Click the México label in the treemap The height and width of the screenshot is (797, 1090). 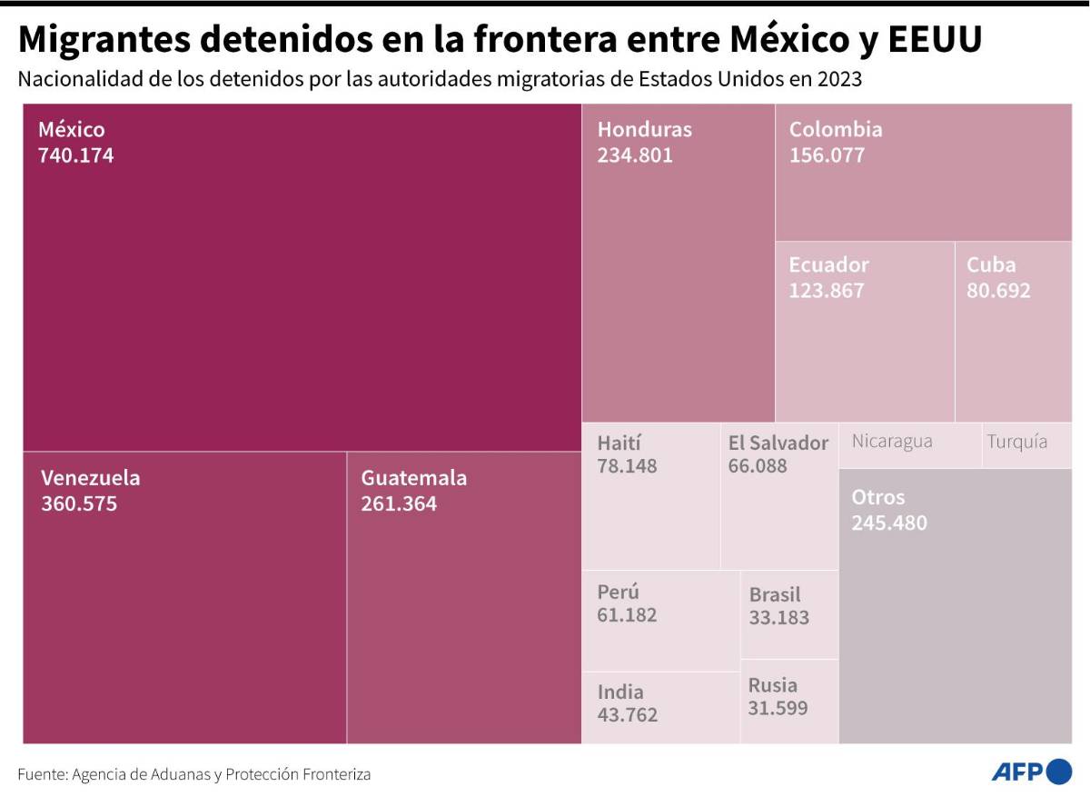pos(71,130)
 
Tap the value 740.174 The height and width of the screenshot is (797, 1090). pos(75,155)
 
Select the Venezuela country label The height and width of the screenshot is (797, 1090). pos(90,478)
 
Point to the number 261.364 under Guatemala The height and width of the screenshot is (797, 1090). pos(399,503)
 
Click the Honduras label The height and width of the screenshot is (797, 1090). pos(644,130)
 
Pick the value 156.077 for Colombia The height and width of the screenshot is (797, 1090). pos(827,155)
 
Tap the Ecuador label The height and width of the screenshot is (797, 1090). pos(828,265)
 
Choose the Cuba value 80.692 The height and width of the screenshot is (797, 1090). pos(998,292)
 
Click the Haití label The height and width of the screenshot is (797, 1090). pos(619,443)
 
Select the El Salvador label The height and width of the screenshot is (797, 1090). pos(778,443)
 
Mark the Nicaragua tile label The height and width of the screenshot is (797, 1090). pos(892,443)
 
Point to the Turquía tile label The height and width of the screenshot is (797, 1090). pos(1017,443)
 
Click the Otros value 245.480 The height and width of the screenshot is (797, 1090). pos(889,523)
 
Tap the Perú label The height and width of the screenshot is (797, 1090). pos(618,593)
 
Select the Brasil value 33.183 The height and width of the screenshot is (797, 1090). pos(778,618)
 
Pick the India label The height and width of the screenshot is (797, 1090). pos(620,692)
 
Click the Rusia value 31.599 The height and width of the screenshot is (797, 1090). pos(778,709)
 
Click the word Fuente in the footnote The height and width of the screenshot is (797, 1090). pos(42,774)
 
